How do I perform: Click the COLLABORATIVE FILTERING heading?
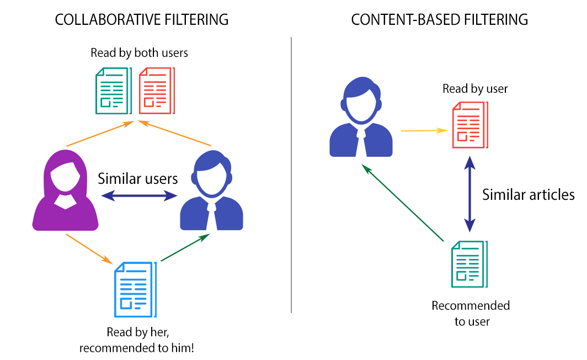tap(141, 20)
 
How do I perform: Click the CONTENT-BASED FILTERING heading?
tap(439, 20)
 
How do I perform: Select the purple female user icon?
tap(66, 190)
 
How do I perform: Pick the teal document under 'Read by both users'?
tap(113, 91)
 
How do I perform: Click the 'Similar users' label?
tap(138, 178)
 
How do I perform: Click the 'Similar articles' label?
tap(529, 194)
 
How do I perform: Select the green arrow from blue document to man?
tap(185, 247)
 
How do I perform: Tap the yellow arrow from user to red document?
tap(423, 131)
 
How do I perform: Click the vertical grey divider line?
tap(291, 177)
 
